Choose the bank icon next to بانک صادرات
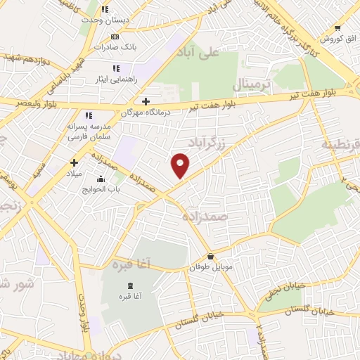115,37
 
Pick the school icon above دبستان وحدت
105,10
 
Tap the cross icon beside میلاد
74,162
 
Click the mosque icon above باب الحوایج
103,179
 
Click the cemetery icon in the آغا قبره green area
128,285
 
